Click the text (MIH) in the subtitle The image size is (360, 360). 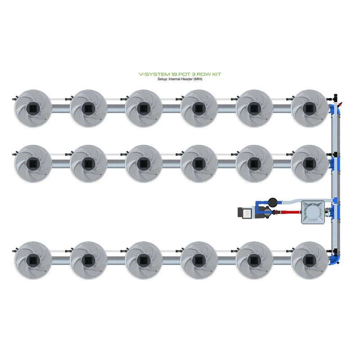tap(196, 79)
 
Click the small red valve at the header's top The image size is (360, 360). tap(340, 103)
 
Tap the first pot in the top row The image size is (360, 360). tap(33, 108)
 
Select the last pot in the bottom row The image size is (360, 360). tap(310, 260)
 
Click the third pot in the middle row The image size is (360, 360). tap(144, 163)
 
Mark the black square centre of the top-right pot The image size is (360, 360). tap(310, 108)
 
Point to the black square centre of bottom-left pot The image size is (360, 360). tap(33, 260)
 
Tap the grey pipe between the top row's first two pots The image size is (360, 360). tap(61, 109)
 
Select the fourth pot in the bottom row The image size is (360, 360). tap(199, 260)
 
